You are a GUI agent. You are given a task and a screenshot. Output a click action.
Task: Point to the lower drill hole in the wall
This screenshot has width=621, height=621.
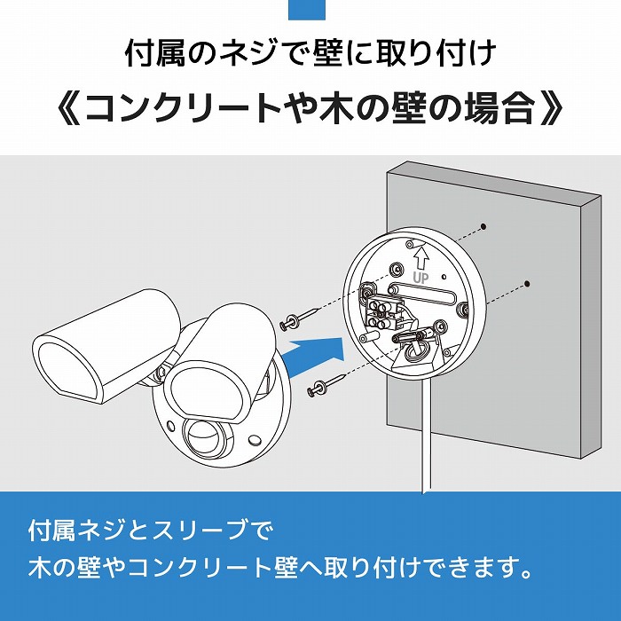[527, 284]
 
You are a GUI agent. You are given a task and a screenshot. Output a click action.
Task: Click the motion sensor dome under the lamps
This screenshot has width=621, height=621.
[206, 435]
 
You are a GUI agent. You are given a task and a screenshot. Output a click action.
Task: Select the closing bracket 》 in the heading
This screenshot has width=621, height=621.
[550, 110]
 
